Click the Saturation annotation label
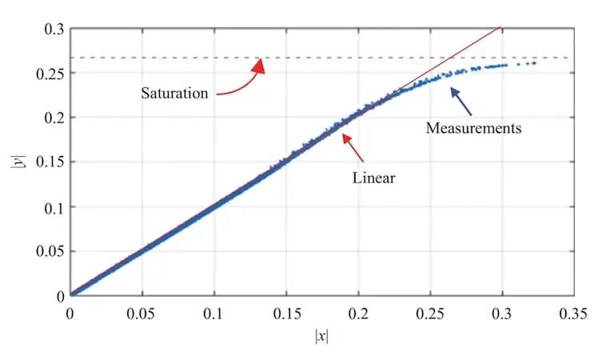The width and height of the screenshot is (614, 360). (x=174, y=93)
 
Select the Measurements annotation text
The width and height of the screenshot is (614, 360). (x=473, y=128)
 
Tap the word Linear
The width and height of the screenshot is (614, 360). (x=374, y=178)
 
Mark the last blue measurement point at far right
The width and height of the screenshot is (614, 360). (x=534, y=62)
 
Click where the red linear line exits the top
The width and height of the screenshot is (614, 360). (x=500, y=29)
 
